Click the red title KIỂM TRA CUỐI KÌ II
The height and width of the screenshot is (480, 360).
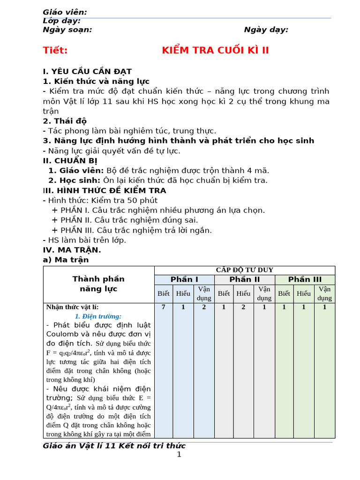(x=216, y=51)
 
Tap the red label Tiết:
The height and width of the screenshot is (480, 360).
(x=55, y=51)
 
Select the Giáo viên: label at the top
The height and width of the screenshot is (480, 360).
(x=65, y=12)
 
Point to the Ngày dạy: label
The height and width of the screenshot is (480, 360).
(x=266, y=30)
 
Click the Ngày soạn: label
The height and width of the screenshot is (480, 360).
(x=67, y=30)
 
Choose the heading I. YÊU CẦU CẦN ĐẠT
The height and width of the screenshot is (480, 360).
(x=87, y=72)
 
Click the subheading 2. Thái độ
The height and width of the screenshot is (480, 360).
(x=65, y=121)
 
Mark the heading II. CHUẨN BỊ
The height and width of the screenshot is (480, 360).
(x=70, y=161)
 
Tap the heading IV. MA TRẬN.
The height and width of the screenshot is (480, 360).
(x=72, y=250)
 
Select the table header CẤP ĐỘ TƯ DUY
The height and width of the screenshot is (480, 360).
(x=244, y=270)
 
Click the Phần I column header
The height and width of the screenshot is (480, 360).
(x=184, y=279)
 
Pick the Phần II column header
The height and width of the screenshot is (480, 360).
(x=244, y=279)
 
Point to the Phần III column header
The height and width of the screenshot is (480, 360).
(x=305, y=279)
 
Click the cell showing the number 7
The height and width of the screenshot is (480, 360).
(x=164, y=307)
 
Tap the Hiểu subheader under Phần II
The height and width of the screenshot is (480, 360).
(x=243, y=293)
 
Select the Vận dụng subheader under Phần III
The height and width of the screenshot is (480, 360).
(x=324, y=293)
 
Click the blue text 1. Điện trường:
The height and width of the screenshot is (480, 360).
(x=98, y=316)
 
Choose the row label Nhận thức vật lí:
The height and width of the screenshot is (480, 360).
(x=72, y=307)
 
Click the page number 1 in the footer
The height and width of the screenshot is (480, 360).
(x=179, y=454)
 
